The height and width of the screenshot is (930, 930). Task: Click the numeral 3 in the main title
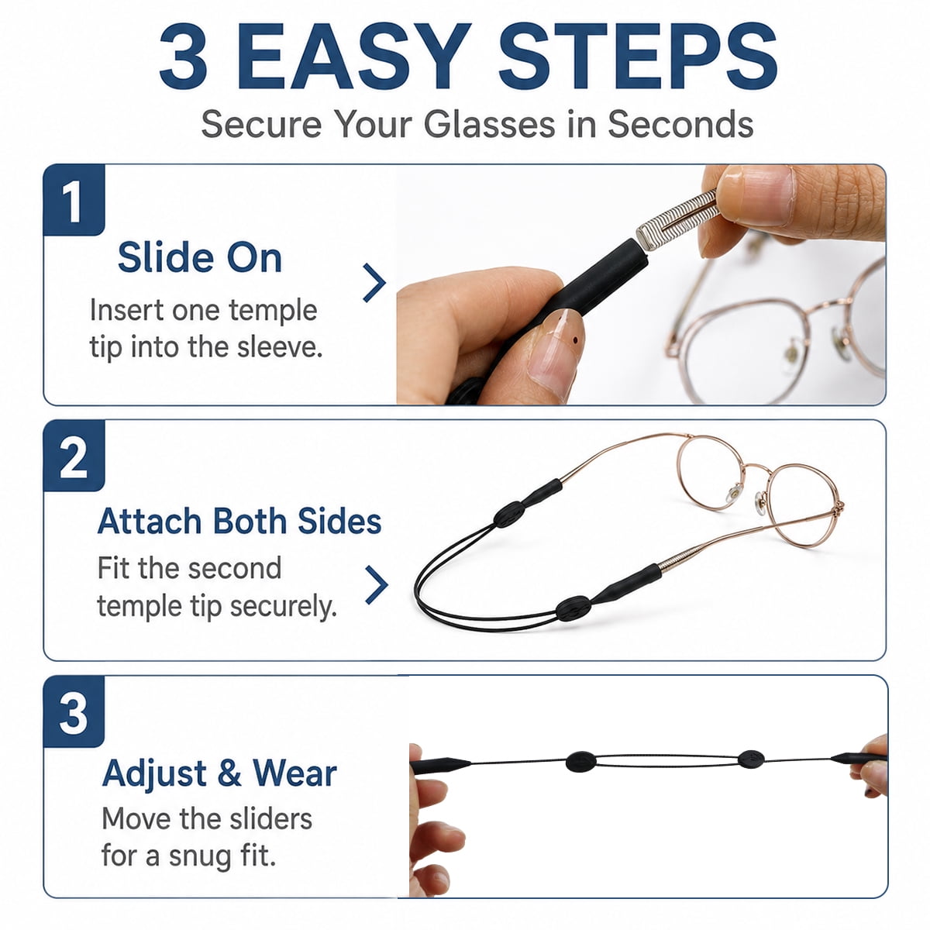click(x=184, y=57)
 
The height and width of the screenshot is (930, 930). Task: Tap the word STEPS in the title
click(x=639, y=57)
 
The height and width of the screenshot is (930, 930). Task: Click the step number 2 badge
click(x=74, y=456)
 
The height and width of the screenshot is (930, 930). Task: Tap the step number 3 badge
click(x=74, y=712)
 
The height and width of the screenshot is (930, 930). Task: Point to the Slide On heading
click(x=200, y=258)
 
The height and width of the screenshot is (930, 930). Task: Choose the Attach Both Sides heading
click(x=239, y=522)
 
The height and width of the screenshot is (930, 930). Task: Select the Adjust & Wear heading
click(x=219, y=773)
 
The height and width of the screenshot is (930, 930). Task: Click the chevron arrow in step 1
click(x=374, y=283)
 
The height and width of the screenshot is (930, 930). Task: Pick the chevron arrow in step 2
click(x=377, y=585)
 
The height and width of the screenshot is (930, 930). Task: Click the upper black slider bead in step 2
click(x=508, y=514)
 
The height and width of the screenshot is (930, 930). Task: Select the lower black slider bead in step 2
click(x=573, y=608)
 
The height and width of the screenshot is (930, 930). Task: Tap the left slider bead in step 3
click(x=581, y=762)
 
